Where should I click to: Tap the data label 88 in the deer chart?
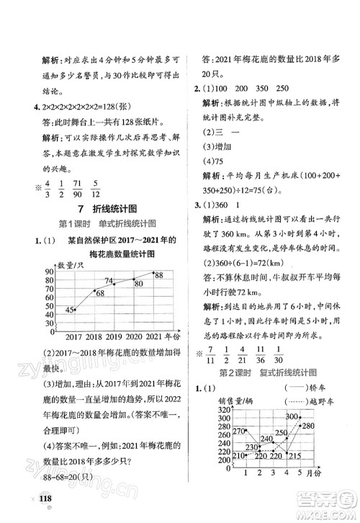click(158, 275)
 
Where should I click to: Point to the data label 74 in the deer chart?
click(108, 281)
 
